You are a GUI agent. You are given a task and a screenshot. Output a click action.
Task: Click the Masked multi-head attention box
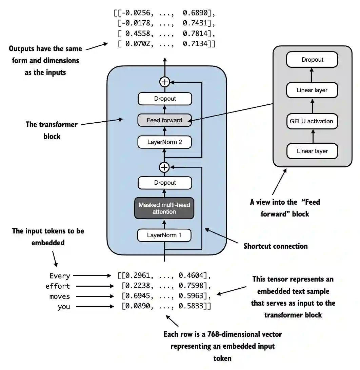[x=164, y=208]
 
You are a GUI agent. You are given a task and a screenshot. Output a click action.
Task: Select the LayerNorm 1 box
[x=164, y=235]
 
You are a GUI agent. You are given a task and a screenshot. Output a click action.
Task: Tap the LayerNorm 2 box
[x=164, y=142]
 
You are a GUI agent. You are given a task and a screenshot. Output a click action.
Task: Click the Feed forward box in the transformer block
[x=164, y=120]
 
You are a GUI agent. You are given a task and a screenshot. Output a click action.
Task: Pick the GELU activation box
[x=312, y=121]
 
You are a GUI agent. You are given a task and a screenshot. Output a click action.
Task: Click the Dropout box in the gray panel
[x=312, y=60]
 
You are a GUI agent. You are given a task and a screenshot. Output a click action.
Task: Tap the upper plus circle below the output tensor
[x=164, y=82]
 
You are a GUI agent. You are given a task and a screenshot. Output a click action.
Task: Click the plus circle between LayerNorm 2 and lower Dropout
[x=164, y=167]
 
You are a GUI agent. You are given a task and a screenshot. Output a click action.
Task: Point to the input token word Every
[x=60, y=276]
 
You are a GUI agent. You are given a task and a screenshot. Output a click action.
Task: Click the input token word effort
[x=58, y=286]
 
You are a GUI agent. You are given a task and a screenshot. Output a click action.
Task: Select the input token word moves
[x=60, y=296]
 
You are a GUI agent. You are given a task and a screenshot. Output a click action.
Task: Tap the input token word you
[x=64, y=307]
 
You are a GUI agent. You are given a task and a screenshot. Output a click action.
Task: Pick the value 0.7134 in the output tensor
[x=197, y=44]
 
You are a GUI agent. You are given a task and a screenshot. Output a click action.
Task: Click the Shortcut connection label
[x=276, y=246]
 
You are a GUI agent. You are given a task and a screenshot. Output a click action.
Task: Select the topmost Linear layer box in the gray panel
[x=312, y=90]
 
